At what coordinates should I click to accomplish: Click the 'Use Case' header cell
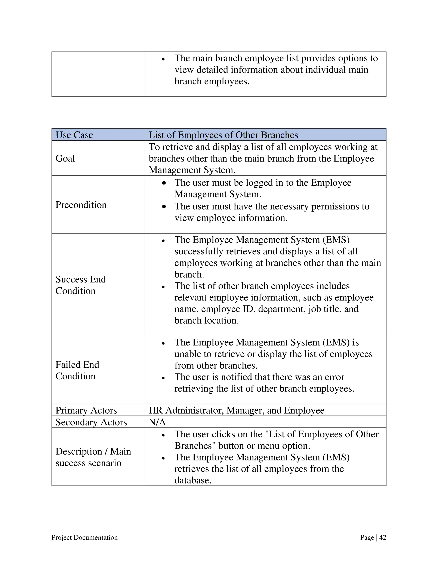(74, 135)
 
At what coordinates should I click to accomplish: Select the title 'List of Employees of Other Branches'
(223, 135)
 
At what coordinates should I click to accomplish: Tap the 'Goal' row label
(65, 158)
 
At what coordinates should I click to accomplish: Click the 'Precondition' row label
(81, 205)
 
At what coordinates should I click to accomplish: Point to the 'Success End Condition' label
(81, 285)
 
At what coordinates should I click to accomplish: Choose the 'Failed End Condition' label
(77, 370)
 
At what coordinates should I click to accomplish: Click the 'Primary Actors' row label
(86, 410)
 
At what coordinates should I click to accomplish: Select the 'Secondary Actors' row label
(91, 422)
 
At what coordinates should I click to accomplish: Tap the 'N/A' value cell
(157, 422)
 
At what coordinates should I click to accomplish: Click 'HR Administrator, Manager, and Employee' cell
(236, 410)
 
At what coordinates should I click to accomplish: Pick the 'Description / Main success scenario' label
(93, 457)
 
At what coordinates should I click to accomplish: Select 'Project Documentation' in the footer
(84, 537)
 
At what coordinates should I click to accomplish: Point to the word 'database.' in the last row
(193, 480)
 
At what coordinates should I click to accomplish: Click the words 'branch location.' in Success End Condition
(207, 320)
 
